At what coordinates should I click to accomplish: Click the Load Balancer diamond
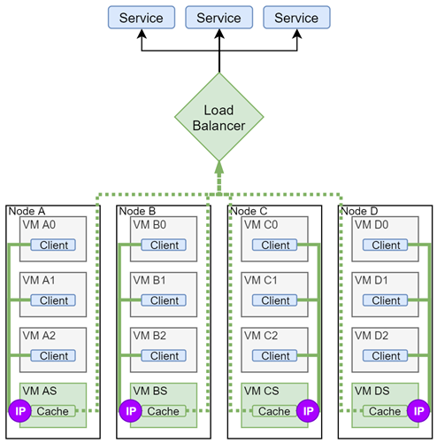[x=218, y=118]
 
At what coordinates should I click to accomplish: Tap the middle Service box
[x=218, y=18]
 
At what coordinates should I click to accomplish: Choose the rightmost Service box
[x=296, y=18]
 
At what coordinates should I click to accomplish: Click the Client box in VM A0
[x=54, y=245]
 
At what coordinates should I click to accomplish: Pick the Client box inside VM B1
[x=165, y=300]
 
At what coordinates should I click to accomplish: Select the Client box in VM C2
[x=275, y=355]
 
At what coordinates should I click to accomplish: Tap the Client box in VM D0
[x=386, y=245]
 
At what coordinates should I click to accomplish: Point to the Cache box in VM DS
[x=385, y=411]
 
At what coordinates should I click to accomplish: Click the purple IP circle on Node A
[x=19, y=411]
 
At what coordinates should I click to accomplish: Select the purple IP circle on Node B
[x=129, y=411]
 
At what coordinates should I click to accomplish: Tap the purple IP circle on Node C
[x=308, y=411]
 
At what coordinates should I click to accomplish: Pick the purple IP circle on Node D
[x=418, y=411]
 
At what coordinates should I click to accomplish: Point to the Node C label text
[x=248, y=210]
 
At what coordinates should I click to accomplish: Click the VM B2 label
[x=149, y=336]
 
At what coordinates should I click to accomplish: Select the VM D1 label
[x=370, y=281]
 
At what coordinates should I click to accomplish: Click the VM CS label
[x=260, y=391]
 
